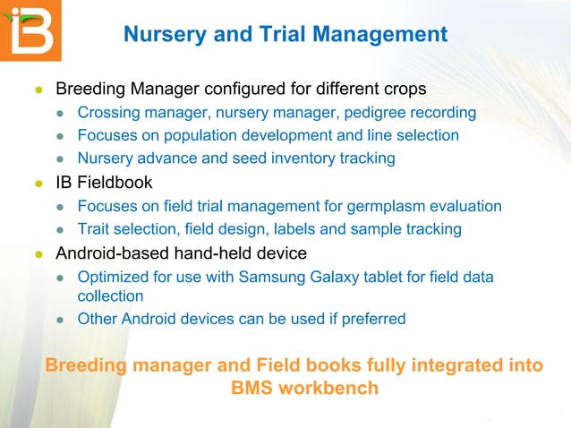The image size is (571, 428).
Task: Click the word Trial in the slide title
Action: point(292,35)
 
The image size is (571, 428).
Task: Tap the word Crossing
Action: point(109,113)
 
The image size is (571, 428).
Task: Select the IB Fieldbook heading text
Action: point(104,183)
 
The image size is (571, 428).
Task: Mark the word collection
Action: point(110,295)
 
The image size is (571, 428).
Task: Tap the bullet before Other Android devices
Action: point(62,319)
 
